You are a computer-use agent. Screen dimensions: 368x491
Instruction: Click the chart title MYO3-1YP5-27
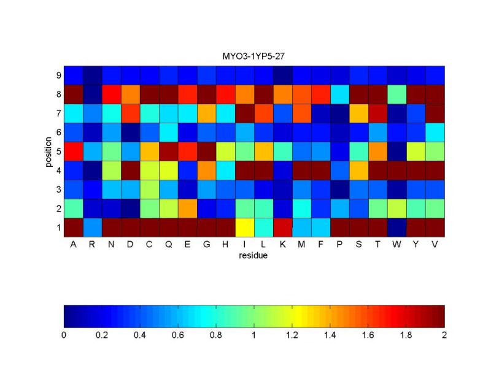[253, 56]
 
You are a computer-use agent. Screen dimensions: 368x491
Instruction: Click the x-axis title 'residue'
[253, 256]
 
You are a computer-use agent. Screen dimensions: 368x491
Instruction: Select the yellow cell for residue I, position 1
[245, 227]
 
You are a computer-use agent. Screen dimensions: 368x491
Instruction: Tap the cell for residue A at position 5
[74, 151]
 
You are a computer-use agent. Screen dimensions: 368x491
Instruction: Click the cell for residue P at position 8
[340, 94]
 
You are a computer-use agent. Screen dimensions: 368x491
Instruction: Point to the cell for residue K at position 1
[283, 227]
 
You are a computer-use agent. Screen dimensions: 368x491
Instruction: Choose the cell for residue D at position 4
[131, 170]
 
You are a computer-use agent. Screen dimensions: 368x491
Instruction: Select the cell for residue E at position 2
[188, 208]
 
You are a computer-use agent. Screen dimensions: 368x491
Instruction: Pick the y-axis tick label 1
[58, 228]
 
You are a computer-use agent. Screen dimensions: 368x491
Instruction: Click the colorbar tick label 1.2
[292, 335]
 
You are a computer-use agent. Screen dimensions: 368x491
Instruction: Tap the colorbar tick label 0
[64, 335]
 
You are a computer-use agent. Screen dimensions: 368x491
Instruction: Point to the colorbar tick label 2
[444, 335]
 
